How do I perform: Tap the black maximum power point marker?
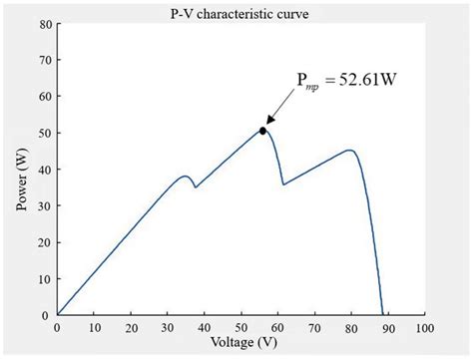[x=262, y=131]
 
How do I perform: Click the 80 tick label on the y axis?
[x=45, y=25]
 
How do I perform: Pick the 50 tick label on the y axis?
[x=45, y=134]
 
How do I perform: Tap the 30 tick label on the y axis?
[x=45, y=205]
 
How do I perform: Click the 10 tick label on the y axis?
[x=45, y=278]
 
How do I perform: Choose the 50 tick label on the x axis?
[x=240, y=327]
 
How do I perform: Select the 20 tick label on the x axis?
[x=131, y=327]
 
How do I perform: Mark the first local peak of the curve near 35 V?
[x=185, y=177]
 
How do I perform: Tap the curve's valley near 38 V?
[x=196, y=187]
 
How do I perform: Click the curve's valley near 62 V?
[x=283, y=184]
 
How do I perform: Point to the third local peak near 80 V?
[x=350, y=151]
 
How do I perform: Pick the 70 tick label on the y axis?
[x=45, y=61]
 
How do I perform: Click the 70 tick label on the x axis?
[x=314, y=327]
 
